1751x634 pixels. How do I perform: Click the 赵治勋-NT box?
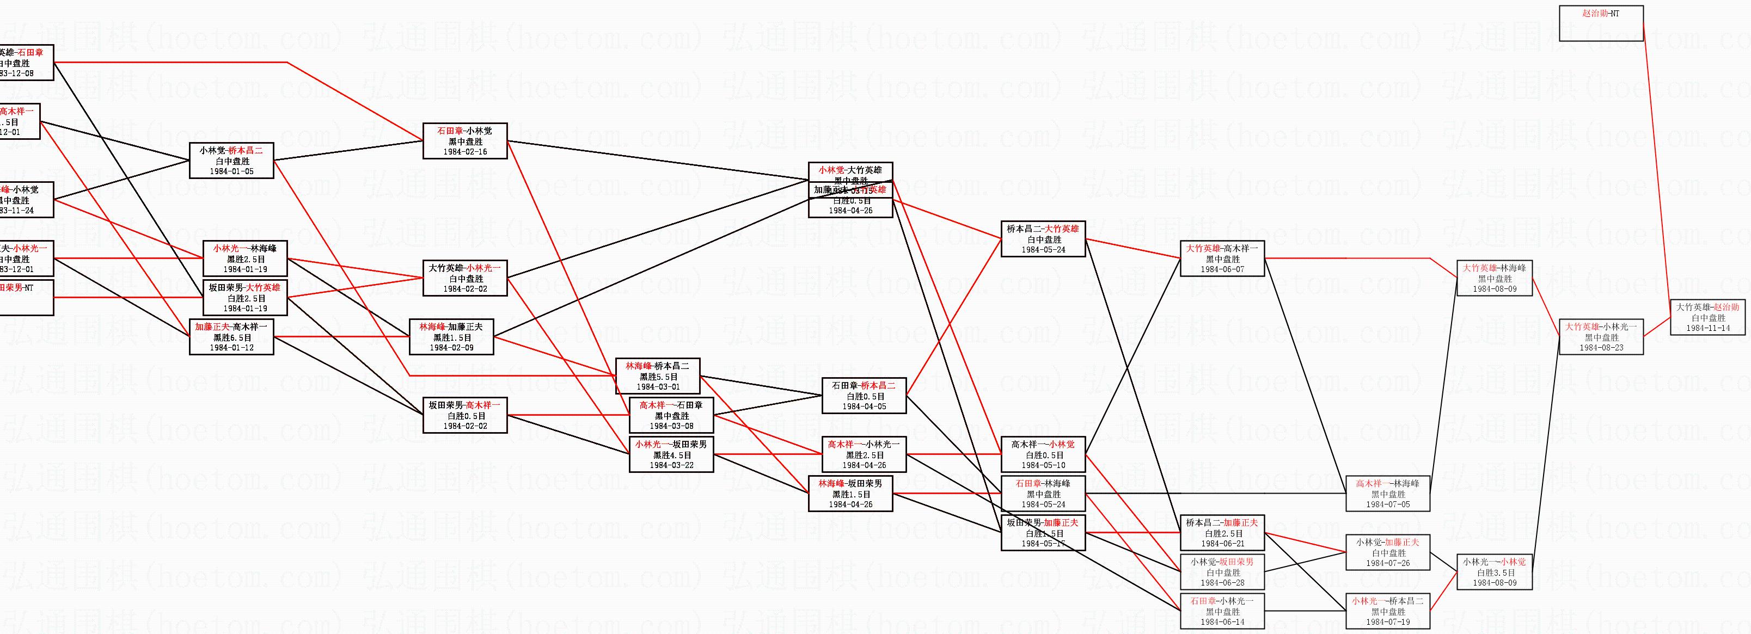(x=1601, y=23)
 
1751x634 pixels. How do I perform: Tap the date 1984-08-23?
(x=1601, y=348)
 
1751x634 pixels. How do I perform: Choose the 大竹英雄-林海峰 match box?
(x=1494, y=279)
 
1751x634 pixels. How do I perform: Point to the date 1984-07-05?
(x=1387, y=505)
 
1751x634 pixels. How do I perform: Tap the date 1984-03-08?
(x=671, y=426)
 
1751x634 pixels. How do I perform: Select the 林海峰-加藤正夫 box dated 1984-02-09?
(x=451, y=336)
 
